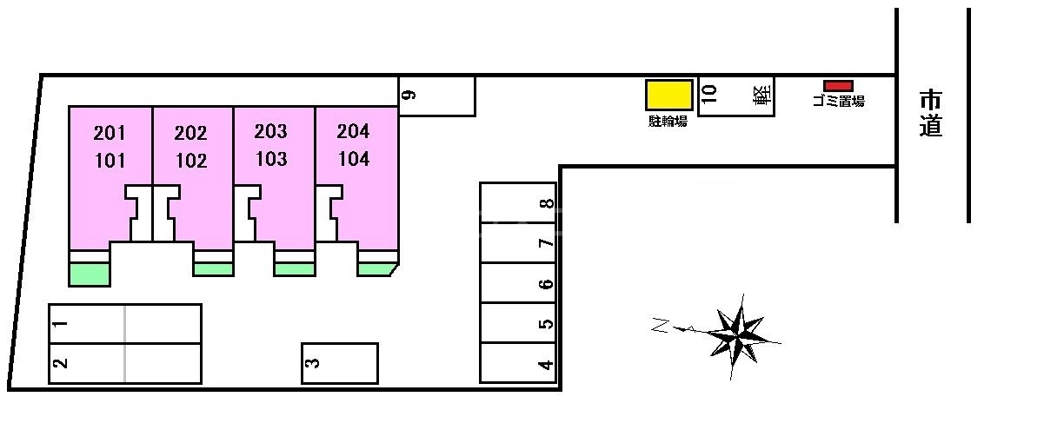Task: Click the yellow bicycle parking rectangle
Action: (668, 96)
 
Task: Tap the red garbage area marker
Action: (838, 85)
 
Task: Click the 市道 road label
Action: (931, 114)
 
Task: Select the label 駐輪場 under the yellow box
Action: (668, 122)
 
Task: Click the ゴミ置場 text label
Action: (838, 101)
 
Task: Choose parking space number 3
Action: (340, 363)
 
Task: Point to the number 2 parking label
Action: (60, 363)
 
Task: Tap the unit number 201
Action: (110, 134)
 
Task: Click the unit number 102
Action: (190, 162)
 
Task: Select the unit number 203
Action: (270, 132)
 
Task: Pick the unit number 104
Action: (353, 160)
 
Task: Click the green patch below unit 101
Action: (90, 274)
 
